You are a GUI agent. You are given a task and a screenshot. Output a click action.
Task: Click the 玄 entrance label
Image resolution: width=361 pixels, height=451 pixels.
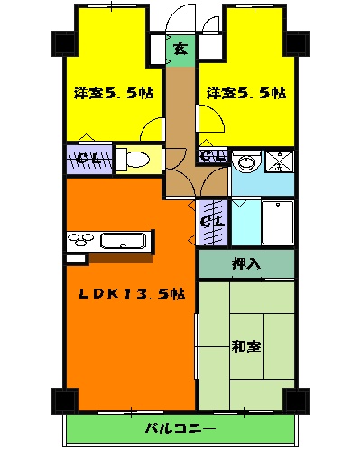[x=180, y=49]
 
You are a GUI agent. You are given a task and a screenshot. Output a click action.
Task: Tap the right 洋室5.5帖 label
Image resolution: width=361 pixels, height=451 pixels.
[x=245, y=93]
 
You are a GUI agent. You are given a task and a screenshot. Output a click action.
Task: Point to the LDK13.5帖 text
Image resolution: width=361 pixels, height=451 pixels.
[x=131, y=293]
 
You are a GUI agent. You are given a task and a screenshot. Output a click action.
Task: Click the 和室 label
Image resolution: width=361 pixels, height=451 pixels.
[x=245, y=345]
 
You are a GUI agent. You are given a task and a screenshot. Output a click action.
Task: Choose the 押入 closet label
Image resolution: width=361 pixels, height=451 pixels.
[x=245, y=264]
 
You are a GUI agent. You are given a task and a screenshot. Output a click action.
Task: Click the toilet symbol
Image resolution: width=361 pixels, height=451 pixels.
[x=134, y=160]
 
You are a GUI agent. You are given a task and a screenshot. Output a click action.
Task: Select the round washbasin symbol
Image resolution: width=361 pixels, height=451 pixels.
[x=243, y=164]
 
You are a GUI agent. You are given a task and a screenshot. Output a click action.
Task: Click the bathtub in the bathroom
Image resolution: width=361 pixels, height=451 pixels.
[x=277, y=222]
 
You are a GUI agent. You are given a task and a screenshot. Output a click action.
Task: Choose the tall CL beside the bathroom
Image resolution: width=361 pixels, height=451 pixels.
[x=212, y=221]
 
